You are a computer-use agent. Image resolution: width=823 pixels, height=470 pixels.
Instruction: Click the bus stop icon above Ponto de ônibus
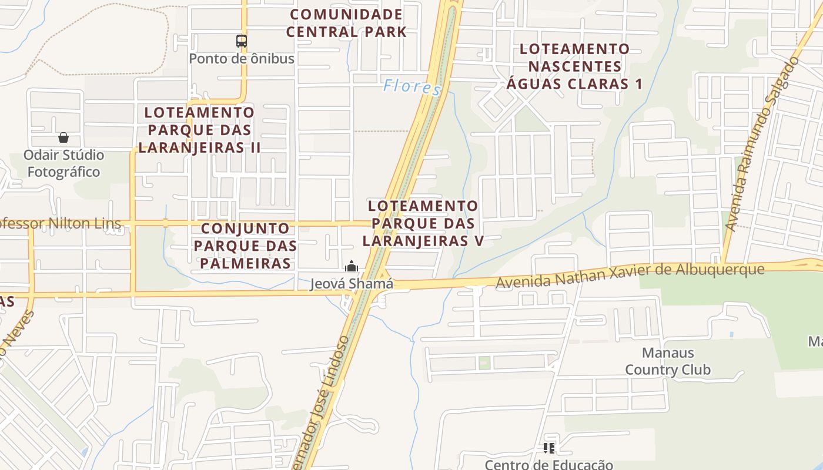click(242, 41)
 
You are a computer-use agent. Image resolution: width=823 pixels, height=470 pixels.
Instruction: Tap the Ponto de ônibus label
click(242, 59)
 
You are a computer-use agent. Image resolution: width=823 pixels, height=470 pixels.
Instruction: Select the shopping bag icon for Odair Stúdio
click(63, 137)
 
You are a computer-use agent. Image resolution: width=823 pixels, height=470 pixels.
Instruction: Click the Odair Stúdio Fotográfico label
click(63, 163)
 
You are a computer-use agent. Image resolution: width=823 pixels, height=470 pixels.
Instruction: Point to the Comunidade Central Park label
click(346, 23)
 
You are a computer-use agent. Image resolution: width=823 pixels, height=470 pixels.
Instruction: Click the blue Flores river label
click(411, 88)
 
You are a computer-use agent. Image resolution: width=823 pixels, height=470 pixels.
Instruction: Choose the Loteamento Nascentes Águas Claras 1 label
click(575, 66)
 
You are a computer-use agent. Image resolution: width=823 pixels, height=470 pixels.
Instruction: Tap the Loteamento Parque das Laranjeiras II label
click(199, 130)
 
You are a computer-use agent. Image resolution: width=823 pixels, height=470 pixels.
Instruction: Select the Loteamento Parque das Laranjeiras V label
click(423, 223)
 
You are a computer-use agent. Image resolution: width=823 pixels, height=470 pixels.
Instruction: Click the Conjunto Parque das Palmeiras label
click(245, 246)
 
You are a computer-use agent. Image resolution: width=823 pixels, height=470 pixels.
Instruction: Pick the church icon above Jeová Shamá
click(352, 267)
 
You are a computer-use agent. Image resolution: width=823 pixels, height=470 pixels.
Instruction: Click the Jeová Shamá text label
click(352, 284)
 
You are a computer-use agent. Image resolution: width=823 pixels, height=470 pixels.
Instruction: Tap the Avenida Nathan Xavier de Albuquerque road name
click(630, 276)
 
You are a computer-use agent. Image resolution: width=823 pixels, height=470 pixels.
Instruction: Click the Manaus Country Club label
click(668, 361)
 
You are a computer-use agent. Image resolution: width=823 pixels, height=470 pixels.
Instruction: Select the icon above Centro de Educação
click(549, 448)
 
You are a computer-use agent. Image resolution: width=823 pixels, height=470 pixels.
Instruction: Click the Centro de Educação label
click(549, 465)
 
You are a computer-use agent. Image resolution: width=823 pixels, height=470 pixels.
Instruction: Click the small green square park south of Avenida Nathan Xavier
click(484, 362)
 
